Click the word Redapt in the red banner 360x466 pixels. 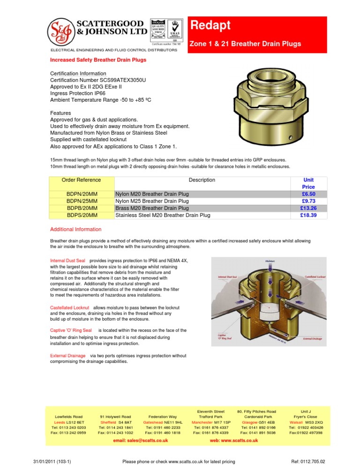[207, 25]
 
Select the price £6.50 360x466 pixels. [308, 194]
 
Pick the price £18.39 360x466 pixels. [308, 215]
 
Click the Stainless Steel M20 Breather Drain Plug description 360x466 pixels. [163, 215]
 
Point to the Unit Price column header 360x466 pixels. [308, 183]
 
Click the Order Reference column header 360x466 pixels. [81, 180]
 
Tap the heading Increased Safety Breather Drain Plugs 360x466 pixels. [98, 60]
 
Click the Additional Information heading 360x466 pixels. [75, 229]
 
